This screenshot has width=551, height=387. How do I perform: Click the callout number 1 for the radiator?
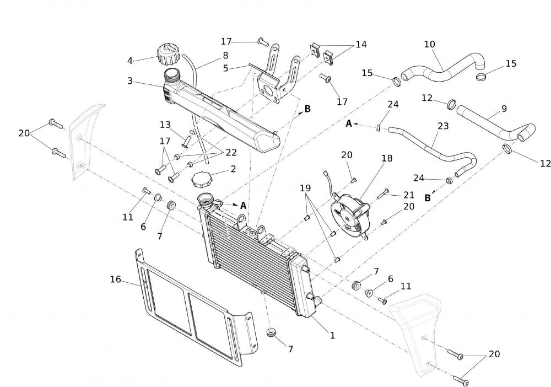(332, 335)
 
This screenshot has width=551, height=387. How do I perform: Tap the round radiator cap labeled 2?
(201, 179)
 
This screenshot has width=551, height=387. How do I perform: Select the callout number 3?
(130, 81)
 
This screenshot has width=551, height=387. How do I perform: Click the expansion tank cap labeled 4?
(168, 55)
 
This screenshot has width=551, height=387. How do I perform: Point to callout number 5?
(225, 68)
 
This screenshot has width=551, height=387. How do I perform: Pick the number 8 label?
(225, 55)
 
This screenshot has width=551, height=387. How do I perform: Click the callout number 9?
(504, 109)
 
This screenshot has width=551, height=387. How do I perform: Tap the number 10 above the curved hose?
(429, 44)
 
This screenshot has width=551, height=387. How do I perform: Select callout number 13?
(166, 125)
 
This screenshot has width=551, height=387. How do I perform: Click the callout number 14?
(361, 44)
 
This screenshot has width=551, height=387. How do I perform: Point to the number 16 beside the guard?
(115, 279)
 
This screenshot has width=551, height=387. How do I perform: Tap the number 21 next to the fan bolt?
(408, 195)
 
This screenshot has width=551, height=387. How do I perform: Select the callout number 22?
(231, 152)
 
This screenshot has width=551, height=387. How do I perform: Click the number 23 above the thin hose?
(444, 126)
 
